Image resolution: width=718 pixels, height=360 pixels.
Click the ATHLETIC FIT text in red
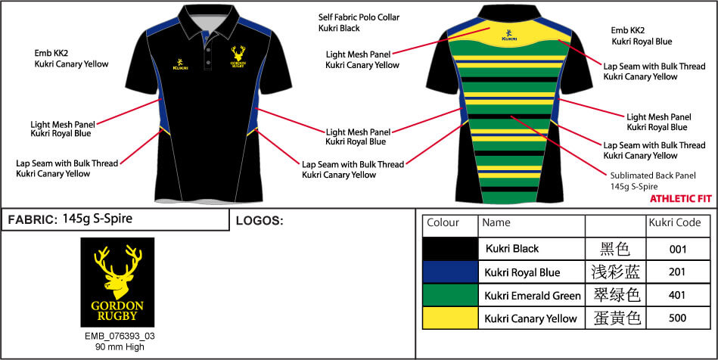[x=681, y=198]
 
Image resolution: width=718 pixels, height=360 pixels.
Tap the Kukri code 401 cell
[x=677, y=295]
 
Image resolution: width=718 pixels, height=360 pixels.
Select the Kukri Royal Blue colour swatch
[x=449, y=272]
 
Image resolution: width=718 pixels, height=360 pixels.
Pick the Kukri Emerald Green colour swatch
[x=449, y=295]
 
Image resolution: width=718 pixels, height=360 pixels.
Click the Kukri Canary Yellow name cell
[x=531, y=318]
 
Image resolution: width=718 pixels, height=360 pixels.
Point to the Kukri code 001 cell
[x=677, y=248]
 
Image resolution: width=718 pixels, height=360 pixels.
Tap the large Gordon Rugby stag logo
[x=117, y=282]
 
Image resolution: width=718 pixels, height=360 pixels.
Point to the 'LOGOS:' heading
[x=260, y=222]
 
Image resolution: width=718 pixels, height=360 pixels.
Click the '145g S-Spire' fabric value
[x=98, y=219]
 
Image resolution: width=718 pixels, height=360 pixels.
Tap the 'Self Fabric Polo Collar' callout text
[x=359, y=17]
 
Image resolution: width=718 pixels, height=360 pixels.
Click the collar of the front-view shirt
[x=204, y=26]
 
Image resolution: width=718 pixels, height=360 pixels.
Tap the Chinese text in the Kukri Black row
[x=615, y=248]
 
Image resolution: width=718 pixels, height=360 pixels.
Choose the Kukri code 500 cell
[x=677, y=318]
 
